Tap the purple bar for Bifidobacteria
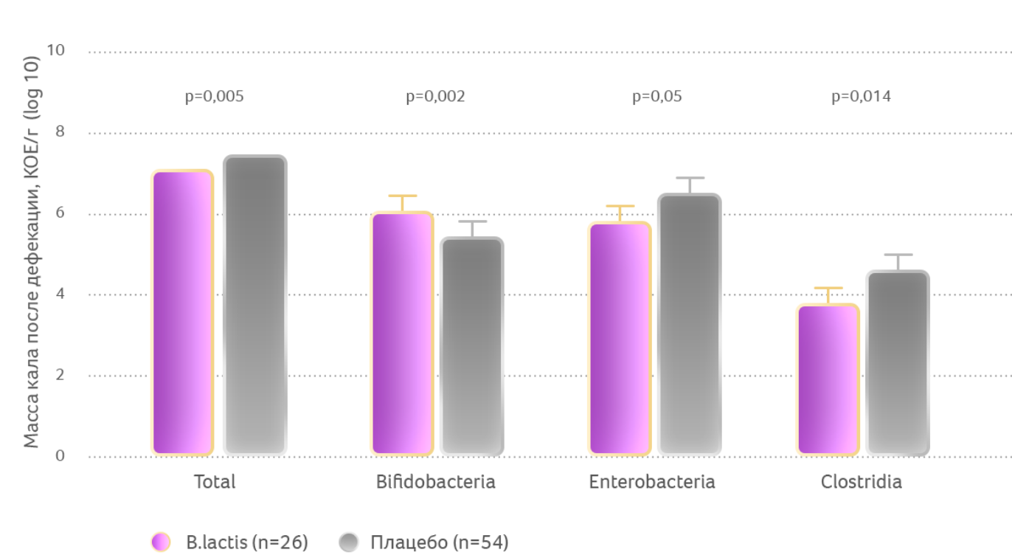[x=401, y=333]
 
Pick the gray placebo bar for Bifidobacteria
[x=472, y=346]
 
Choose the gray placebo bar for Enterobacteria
[x=689, y=324]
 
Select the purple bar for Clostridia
[x=828, y=379]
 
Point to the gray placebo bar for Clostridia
[x=898, y=362]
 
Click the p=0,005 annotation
[x=214, y=97]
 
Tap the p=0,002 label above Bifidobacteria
[x=435, y=97]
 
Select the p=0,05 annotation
[x=656, y=97]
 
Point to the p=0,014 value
[x=861, y=97]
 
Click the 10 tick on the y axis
[x=55, y=50]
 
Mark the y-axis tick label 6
[x=60, y=213]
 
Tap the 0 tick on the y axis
[x=60, y=456]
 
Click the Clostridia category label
[x=861, y=482]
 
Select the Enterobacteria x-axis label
[x=652, y=482]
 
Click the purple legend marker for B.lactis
[x=161, y=542]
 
